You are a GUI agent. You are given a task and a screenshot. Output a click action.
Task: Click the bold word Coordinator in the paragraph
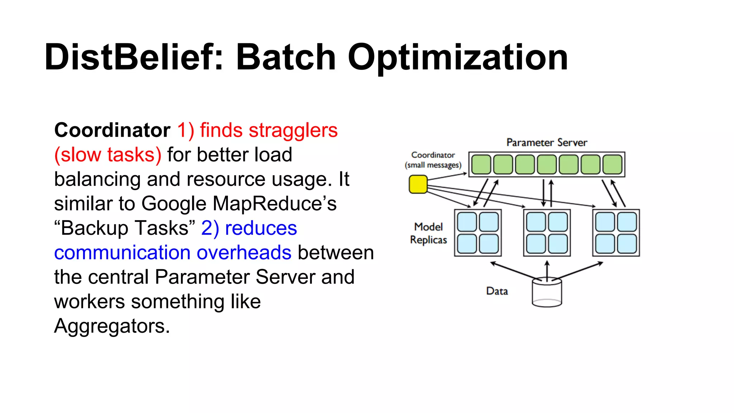pyautogui.click(x=112, y=130)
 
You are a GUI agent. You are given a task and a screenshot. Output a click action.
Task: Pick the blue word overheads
pyautogui.click(x=244, y=253)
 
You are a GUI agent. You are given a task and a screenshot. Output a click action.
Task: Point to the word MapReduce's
pyautogui.click(x=275, y=204)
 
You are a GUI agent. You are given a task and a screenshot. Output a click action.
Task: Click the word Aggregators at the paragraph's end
pyautogui.click(x=111, y=326)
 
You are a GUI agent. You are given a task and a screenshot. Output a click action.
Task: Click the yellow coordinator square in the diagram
pyautogui.click(x=418, y=184)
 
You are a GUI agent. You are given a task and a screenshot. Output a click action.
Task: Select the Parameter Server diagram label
pyautogui.click(x=547, y=143)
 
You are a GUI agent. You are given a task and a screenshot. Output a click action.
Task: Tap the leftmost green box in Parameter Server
pyautogui.click(x=481, y=165)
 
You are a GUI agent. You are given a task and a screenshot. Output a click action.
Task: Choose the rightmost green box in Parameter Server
pyautogui.click(x=613, y=165)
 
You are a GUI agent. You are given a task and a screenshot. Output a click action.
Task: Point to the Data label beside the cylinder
pyautogui.click(x=497, y=291)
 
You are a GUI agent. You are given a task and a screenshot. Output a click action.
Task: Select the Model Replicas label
pyautogui.click(x=429, y=233)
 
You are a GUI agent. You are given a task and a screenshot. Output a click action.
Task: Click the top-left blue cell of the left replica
pyautogui.click(x=467, y=222)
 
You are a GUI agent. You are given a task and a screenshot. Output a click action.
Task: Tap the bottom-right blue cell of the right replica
pyautogui.click(x=627, y=244)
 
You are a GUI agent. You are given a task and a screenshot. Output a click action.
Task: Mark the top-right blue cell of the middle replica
pyautogui.click(x=558, y=222)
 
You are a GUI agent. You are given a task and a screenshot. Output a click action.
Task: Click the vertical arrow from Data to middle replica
pyautogui.click(x=547, y=271)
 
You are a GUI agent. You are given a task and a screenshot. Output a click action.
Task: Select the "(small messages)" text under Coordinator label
pyautogui.click(x=433, y=165)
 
